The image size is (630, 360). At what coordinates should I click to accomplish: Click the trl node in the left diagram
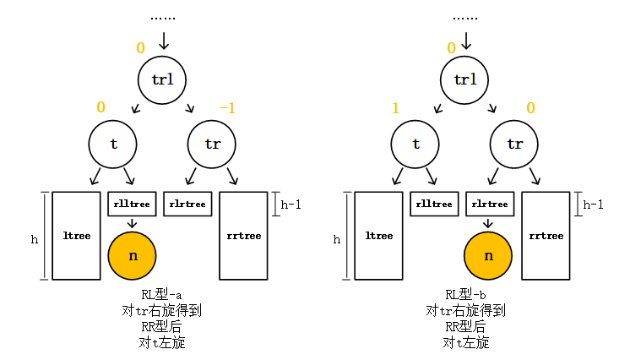coord(162,79)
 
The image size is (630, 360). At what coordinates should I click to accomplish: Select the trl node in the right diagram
coord(464,79)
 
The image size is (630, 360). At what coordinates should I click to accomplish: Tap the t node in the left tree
coord(113,144)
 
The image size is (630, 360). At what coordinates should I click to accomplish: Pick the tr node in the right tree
coord(514,144)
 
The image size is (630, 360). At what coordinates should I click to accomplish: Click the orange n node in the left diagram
coord(133,255)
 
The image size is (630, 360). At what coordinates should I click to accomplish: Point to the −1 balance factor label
coord(227,108)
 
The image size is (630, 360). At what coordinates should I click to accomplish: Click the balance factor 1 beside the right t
coord(394,108)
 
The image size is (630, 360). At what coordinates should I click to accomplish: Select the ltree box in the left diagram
coord(77,236)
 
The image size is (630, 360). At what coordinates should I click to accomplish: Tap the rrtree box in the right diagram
coord(546,236)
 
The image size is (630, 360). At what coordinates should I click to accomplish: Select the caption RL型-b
coord(465,295)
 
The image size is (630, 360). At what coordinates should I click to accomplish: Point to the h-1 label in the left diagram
coord(291,204)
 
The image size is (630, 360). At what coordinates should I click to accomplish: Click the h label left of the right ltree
coord(337,239)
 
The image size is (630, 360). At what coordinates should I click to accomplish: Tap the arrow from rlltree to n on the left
coord(133,223)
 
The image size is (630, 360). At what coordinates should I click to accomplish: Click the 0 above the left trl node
coord(141,48)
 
